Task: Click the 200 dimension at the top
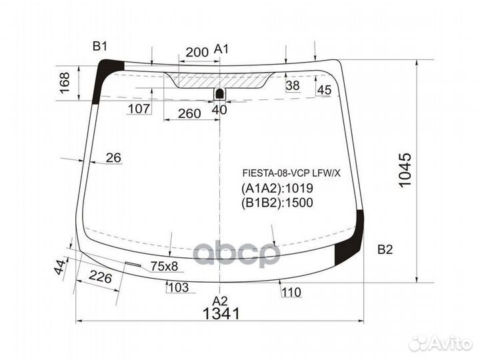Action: tap(197, 51)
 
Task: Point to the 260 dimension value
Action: tap(189, 113)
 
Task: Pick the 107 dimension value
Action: tap(138, 109)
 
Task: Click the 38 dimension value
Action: tap(293, 85)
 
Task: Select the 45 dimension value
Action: tap(324, 90)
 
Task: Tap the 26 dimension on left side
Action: tap(114, 158)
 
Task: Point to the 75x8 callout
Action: tap(164, 266)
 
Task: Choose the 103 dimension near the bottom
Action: tap(177, 287)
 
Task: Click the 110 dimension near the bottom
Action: tap(291, 291)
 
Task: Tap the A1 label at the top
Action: tap(222, 49)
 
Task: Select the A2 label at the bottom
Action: tap(220, 300)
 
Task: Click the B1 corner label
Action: tap(100, 46)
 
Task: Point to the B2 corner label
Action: tap(385, 250)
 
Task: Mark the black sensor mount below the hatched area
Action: tap(219, 94)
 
